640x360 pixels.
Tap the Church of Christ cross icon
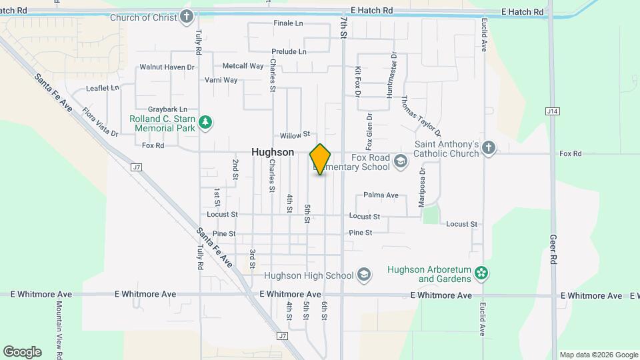click(x=187, y=17)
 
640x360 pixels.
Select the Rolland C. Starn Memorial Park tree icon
click(x=207, y=122)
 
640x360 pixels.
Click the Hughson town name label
click(x=273, y=152)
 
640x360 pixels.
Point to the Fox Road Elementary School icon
click(x=400, y=161)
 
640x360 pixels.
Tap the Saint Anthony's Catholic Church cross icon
click(x=489, y=147)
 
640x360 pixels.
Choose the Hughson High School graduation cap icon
click(x=364, y=275)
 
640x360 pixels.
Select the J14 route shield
click(x=551, y=111)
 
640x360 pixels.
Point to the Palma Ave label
click(x=381, y=195)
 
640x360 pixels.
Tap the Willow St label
click(x=295, y=135)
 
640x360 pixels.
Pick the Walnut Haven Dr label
click(x=167, y=67)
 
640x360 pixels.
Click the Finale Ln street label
click(x=288, y=23)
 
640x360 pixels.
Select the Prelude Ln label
click(x=289, y=51)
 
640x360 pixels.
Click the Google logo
click(x=22, y=351)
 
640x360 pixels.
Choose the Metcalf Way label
click(x=243, y=66)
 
